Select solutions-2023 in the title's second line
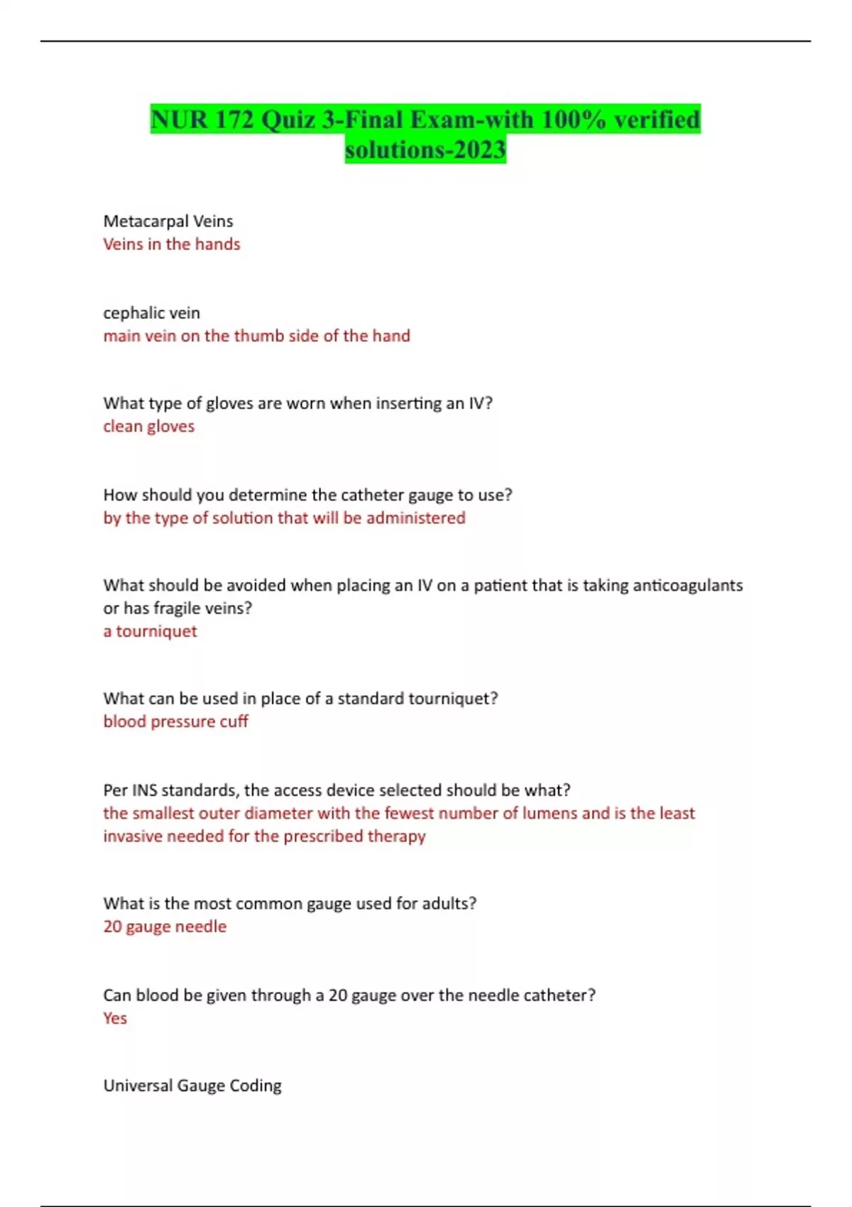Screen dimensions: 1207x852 (x=425, y=150)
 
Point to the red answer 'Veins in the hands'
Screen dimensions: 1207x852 (x=172, y=244)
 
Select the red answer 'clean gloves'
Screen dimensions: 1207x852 (x=149, y=427)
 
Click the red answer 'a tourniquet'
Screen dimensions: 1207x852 (x=151, y=631)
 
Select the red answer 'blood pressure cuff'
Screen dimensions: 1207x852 (x=176, y=721)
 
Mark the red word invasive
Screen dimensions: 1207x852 (x=134, y=836)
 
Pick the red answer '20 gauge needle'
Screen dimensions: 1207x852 (x=165, y=927)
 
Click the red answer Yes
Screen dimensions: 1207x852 (x=115, y=1018)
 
